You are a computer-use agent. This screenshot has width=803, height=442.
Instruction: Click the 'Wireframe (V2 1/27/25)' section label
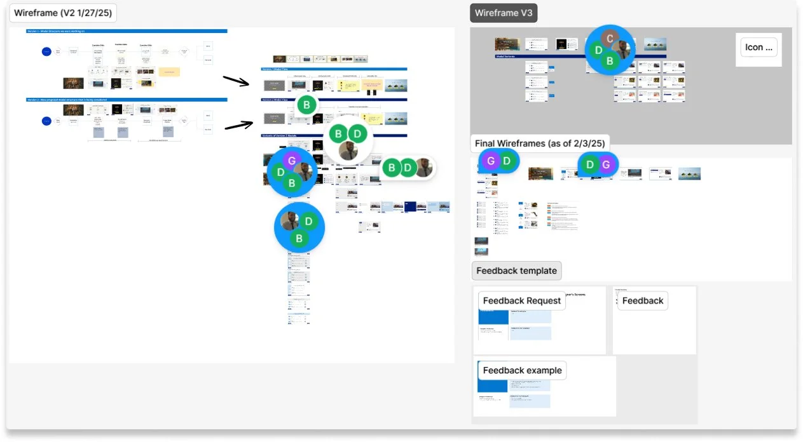click(x=62, y=13)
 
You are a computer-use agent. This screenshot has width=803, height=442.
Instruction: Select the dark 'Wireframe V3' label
click(x=504, y=13)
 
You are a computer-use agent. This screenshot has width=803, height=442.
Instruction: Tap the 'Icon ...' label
click(x=758, y=47)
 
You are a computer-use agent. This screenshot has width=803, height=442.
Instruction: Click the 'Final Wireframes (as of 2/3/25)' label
click(x=540, y=144)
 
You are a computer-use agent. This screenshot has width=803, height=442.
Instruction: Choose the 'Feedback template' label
click(x=516, y=271)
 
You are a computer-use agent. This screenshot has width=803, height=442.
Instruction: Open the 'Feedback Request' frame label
click(x=522, y=300)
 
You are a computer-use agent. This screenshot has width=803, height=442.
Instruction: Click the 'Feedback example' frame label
click(x=522, y=370)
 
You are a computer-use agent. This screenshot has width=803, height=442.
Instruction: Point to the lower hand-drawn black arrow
click(x=239, y=125)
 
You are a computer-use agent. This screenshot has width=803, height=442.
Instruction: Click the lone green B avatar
click(x=306, y=105)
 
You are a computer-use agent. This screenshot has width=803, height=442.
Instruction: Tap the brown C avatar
click(x=610, y=39)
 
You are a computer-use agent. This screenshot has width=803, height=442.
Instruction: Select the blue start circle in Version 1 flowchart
click(x=46, y=51)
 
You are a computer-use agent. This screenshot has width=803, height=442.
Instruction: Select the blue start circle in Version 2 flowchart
click(x=46, y=121)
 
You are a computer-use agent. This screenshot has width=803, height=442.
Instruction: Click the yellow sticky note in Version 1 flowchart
click(x=169, y=72)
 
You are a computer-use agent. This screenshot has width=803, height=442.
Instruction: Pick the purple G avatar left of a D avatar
click(x=490, y=161)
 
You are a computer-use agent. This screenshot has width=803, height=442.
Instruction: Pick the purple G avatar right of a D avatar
click(x=606, y=165)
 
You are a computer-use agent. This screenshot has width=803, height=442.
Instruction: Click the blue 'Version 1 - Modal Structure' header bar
click(x=127, y=30)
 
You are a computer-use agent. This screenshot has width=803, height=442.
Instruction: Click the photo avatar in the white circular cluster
click(x=347, y=151)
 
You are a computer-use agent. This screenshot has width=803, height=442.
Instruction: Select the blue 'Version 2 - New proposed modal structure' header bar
click(x=127, y=100)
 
